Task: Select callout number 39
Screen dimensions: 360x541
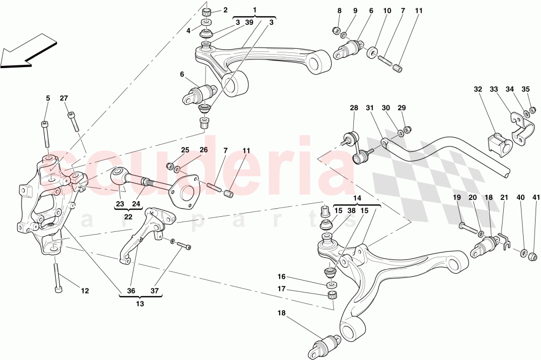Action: click(249, 22)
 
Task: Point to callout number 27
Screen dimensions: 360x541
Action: click(64, 98)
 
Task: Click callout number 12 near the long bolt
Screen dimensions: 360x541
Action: click(84, 291)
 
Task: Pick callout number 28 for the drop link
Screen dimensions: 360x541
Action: click(354, 108)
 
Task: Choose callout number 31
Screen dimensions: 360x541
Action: click(370, 108)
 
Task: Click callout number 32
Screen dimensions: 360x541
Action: click(478, 89)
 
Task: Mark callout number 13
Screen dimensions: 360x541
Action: click(140, 304)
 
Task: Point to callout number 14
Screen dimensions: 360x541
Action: click(357, 198)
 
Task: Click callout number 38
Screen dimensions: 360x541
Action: click(352, 211)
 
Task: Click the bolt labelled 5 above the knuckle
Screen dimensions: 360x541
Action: click(46, 133)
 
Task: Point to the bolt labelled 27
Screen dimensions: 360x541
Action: click(73, 121)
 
